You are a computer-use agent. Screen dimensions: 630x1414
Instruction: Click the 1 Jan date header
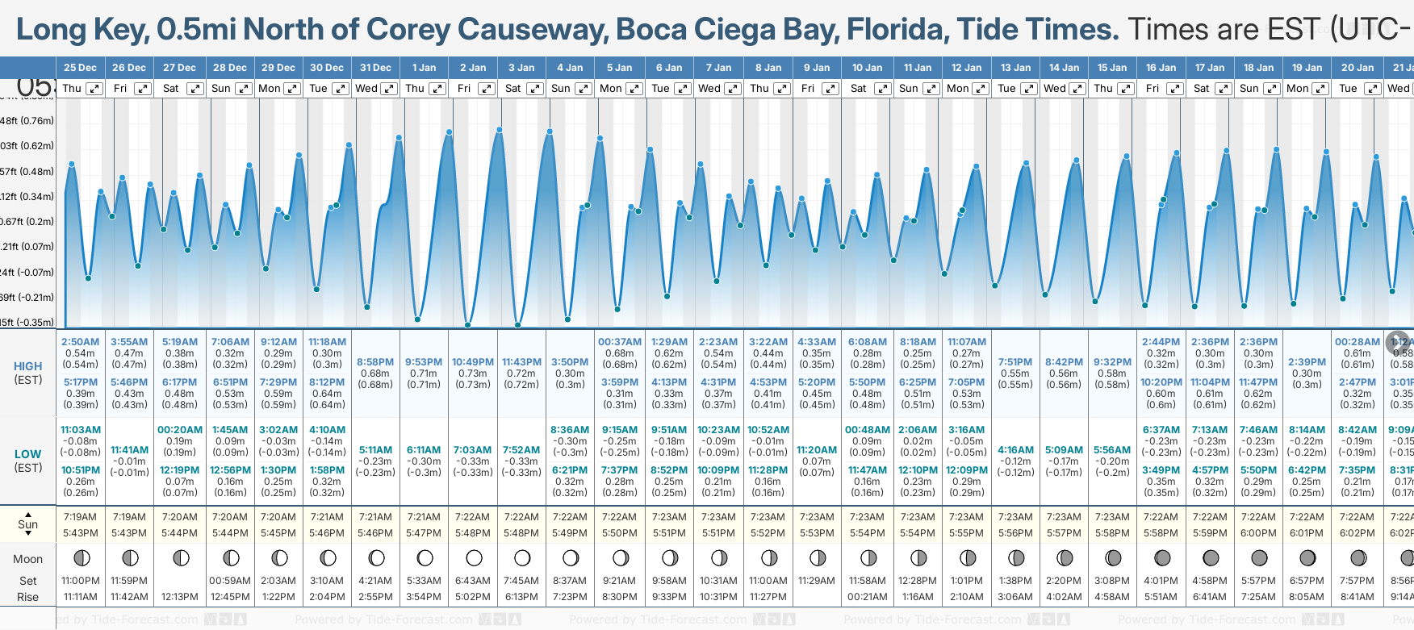(x=424, y=68)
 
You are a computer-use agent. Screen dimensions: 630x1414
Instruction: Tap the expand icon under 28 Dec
(x=243, y=89)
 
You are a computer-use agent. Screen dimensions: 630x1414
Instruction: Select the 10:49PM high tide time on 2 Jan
(x=473, y=362)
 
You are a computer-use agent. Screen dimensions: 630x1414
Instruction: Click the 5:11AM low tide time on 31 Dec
(x=375, y=450)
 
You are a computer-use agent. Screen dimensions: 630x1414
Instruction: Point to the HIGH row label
(x=27, y=366)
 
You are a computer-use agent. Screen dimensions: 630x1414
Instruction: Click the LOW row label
(x=27, y=454)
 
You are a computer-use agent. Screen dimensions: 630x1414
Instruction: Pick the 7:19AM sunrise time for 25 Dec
(x=80, y=517)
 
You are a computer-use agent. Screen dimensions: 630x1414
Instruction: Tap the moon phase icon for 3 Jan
(x=522, y=557)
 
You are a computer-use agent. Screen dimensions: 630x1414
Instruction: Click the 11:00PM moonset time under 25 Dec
(x=80, y=581)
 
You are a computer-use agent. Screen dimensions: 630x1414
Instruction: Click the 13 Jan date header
(x=1015, y=68)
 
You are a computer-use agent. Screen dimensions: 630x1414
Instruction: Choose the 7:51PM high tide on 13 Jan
(x=1015, y=362)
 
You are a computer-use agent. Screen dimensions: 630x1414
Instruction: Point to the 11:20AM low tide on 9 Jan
(x=817, y=450)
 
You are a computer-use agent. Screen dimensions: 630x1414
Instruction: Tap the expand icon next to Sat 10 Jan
(x=882, y=89)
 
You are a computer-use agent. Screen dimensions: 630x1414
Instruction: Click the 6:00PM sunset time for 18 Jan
(x=1258, y=533)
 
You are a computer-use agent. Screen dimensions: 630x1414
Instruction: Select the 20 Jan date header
(x=1358, y=68)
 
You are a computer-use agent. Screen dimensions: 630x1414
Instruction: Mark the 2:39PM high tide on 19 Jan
(x=1307, y=362)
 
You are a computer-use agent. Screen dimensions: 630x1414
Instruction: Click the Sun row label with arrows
(x=27, y=524)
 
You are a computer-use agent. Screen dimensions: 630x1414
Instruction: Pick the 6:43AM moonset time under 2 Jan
(x=473, y=581)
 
